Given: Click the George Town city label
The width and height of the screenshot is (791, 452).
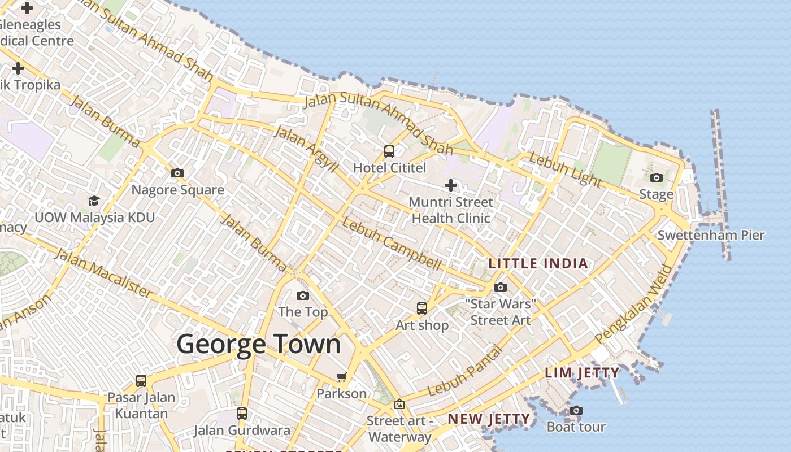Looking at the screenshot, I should [x=259, y=344].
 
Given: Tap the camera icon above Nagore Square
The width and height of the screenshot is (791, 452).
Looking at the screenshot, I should [x=177, y=173].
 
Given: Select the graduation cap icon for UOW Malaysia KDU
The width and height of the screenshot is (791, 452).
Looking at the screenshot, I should [x=94, y=201].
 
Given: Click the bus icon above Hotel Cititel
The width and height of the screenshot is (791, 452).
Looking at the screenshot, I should [x=389, y=151].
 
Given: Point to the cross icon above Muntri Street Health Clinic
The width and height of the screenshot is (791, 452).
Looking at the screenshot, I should [x=451, y=185].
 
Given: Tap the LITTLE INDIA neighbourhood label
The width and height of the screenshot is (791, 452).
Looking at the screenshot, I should [x=538, y=263].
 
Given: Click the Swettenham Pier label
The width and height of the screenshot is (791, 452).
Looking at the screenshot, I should [x=711, y=235].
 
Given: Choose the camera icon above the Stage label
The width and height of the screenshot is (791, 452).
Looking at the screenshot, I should [x=656, y=178].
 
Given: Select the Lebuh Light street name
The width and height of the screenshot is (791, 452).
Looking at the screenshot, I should [x=565, y=169].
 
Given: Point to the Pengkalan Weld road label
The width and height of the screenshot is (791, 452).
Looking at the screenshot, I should [x=634, y=304].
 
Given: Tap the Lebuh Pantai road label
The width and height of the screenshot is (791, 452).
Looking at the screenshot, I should [x=464, y=371].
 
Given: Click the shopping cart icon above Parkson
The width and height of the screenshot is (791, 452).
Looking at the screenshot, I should [x=341, y=377].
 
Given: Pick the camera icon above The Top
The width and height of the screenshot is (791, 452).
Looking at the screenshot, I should [x=303, y=295].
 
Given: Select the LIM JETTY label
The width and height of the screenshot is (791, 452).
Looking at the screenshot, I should [x=582, y=373].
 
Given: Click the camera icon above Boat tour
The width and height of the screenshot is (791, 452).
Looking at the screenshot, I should [x=576, y=411].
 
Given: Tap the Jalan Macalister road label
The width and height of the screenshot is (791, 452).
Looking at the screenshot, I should [x=103, y=273].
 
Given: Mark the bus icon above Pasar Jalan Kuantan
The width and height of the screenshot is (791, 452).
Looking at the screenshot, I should [x=141, y=381].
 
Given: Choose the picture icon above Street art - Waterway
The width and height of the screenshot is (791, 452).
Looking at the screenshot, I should [x=399, y=404].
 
